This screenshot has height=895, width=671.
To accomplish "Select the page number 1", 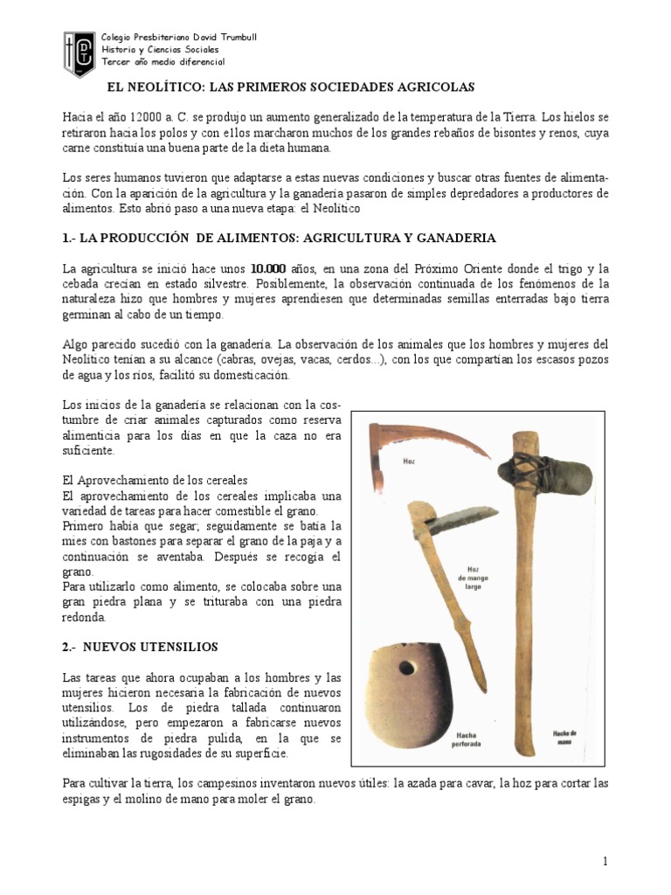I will coord(604,861).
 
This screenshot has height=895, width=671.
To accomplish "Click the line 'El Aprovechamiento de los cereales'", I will coord(156,480).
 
